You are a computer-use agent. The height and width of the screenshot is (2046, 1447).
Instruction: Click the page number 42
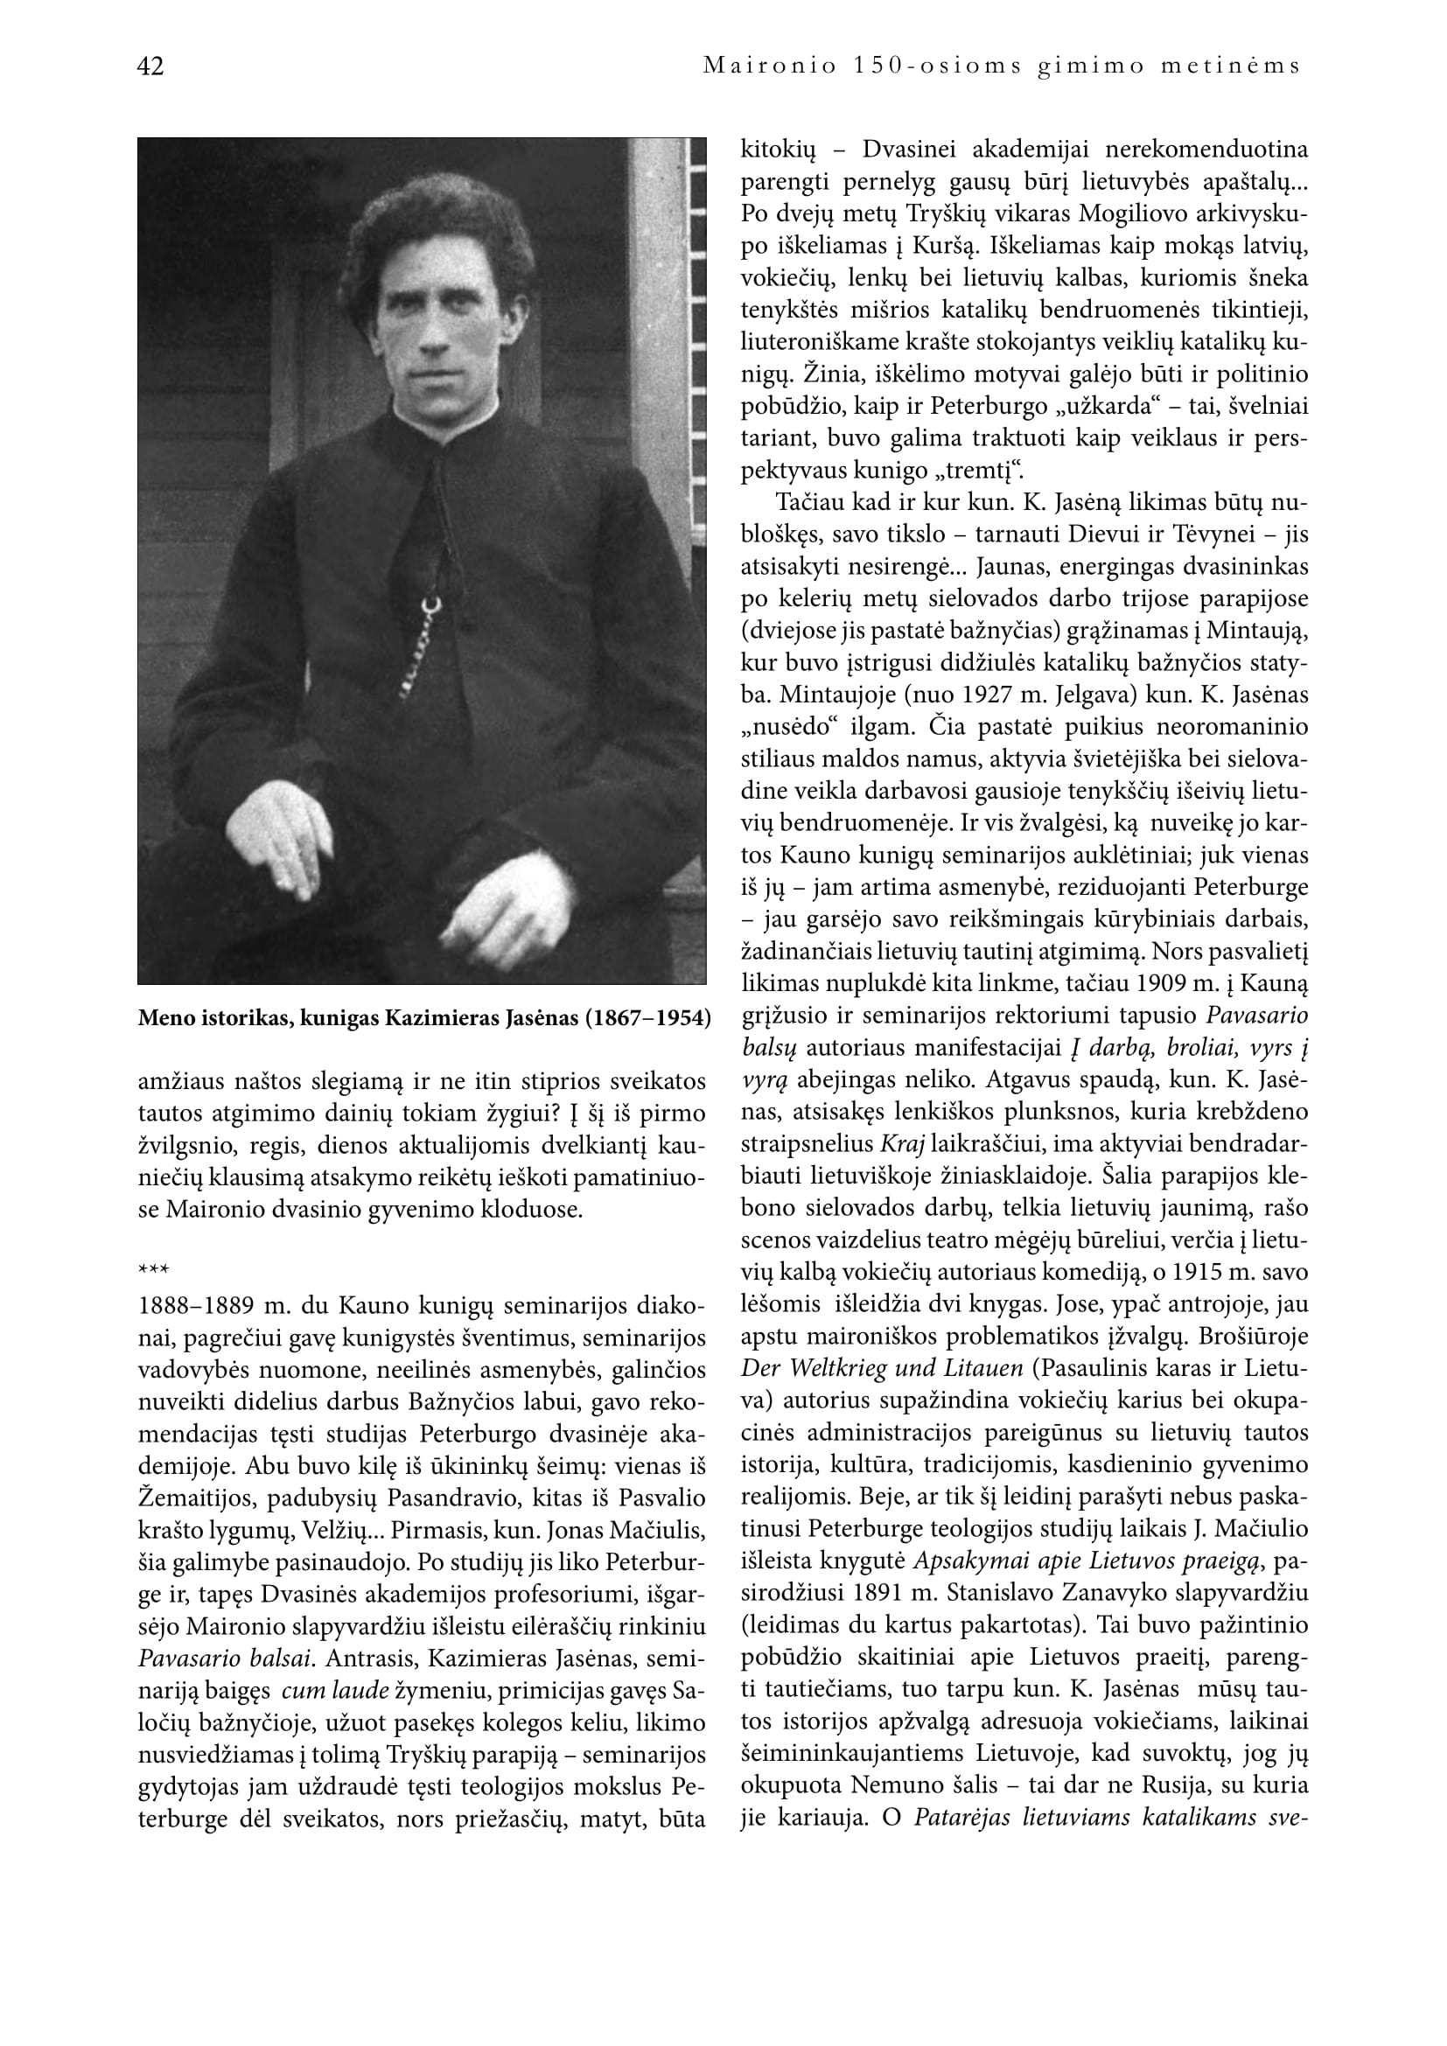click(150, 66)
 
